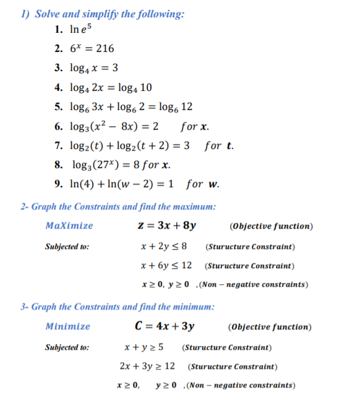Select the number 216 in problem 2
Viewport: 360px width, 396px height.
point(104,48)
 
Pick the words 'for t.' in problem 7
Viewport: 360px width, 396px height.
point(219,146)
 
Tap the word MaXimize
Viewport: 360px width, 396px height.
point(70,225)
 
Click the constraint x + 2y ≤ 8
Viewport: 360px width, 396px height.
point(165,246)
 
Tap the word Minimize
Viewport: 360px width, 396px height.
point(68,326)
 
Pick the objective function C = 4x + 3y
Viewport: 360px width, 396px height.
point(165,326)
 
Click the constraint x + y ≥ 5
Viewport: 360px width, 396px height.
point(144,347)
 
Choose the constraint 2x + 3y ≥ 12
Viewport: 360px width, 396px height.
point(147,366)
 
